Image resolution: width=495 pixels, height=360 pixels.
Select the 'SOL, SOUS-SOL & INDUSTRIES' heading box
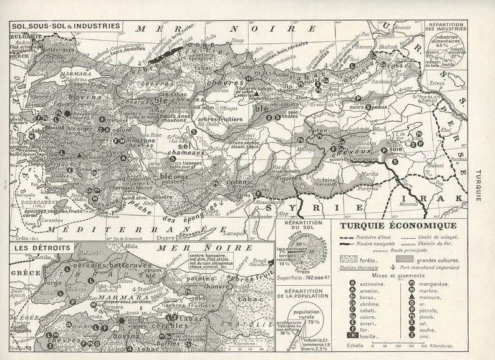(65, 27)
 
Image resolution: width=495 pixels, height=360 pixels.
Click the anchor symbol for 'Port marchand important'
(408, 268)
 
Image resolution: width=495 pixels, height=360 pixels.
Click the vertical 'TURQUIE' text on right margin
(478, 185)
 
